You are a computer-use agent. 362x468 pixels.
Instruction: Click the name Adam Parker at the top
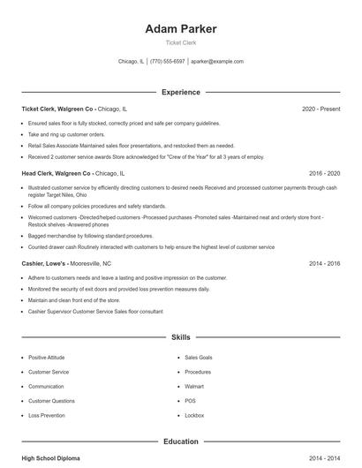(180, 29)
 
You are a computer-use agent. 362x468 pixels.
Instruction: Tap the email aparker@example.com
(216, 62)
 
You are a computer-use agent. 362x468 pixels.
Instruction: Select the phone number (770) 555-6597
(168, 62)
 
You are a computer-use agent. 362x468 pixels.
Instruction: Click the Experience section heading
(180, 92)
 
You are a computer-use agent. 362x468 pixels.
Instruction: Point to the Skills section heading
(180, 337)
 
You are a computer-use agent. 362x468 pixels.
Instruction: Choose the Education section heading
(180, 442)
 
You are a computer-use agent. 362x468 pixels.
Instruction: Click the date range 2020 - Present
(321, 109)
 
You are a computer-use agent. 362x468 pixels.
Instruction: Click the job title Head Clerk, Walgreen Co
(56, 174)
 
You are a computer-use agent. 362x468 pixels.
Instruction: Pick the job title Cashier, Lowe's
(47, 263)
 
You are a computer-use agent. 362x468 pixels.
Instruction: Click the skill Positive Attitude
(48, 358)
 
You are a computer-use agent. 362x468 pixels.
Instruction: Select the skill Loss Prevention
(46, 415)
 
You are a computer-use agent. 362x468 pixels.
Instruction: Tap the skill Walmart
(194, 387)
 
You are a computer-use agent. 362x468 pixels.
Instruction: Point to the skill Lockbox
(194, 415)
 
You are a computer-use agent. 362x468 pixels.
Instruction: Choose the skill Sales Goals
(198, 358)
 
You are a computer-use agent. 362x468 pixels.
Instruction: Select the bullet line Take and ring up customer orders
(65, 135)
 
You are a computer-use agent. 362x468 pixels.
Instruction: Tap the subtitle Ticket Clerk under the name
(180, 43)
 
